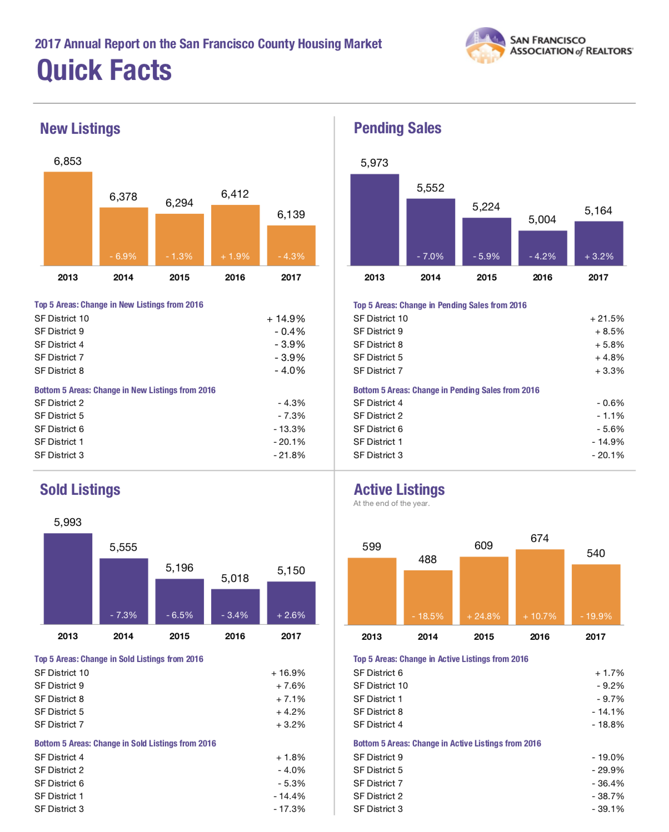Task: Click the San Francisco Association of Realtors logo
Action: point(548,46)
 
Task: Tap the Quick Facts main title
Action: point(104,71)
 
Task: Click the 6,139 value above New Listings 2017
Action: point(291,214)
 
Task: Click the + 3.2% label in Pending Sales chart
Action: point(599,256)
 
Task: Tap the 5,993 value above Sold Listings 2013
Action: point(68,522)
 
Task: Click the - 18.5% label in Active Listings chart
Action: point(428,616)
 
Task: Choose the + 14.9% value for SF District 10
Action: point(286,319)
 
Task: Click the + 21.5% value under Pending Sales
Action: point(607,319)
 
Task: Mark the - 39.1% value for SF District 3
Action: point(608,809)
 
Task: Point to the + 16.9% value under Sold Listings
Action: point(288,673)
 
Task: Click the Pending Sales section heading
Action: point(398,128)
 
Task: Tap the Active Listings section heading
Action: point(400,489)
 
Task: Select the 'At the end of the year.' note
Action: point(391,504)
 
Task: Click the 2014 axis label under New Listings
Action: point(123,277)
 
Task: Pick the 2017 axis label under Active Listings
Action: point(596,636)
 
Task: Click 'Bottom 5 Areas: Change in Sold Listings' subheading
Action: point(125,743)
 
